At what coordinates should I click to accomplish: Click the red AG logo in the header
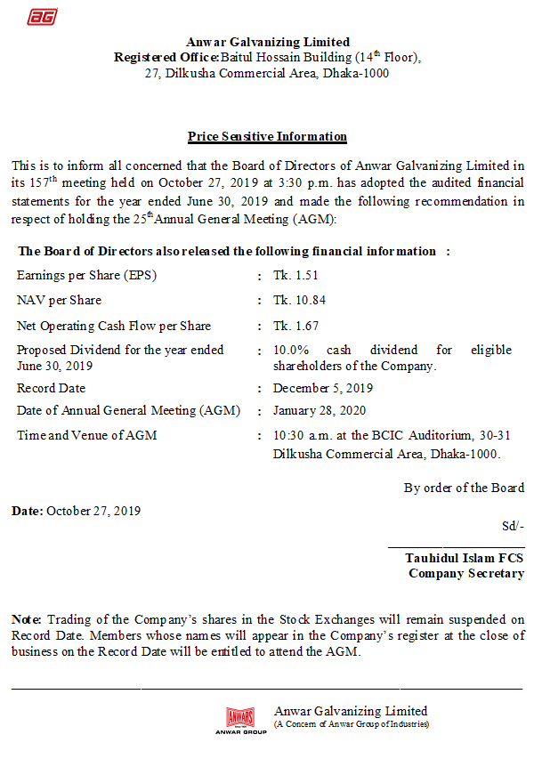click(41, 17)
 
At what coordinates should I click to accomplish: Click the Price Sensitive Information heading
click(267, 137)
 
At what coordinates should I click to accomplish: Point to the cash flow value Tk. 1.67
click(295, 326)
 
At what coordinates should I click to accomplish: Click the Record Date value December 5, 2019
click(323, 389)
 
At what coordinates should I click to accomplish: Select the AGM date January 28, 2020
click(320, 411)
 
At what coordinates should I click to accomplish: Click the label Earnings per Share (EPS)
click(86, 276)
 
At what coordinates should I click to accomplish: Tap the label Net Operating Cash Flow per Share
click(114, 326)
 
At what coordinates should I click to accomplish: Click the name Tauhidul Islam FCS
click(465, 558)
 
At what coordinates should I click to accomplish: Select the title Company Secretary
click(466, 574)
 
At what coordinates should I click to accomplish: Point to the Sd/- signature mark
click(513, 526)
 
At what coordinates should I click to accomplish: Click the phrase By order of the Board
click(464, 488)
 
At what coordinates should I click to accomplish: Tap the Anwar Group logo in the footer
click(240, 719)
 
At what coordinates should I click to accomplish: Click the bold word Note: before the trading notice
click(27, 619)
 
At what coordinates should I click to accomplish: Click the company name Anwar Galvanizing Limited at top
click(268, 42)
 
